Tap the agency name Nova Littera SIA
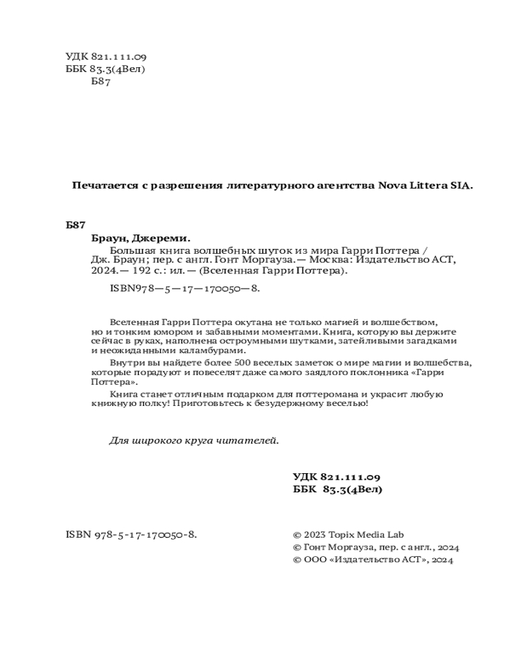coord(425,186)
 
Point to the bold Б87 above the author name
coord(76,225)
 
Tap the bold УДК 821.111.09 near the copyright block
coord(337,476)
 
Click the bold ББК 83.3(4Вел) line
coord(337,490)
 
